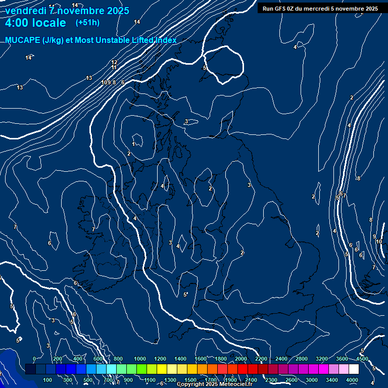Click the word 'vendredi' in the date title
[x=25, y=11]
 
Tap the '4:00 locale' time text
[x=35, y=23]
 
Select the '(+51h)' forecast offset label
[x=87, y=23]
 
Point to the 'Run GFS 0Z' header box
[x=320, y=8]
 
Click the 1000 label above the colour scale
[x=140, y=359]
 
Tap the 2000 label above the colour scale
[x=241, y=359]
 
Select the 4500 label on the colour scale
[x=362, y=359]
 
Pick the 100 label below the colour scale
[x=48, y=380]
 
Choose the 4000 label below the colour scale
[x=352, y=380]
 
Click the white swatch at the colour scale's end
[x=354, y=369]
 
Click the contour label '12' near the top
[x=114, y=63]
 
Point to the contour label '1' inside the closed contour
[x=133, y=144]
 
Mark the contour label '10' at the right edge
[x=379, y=241]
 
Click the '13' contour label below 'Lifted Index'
[x=89, y=78]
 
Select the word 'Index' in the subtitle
[x=165, y=40]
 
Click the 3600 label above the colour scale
[x=342, y=359]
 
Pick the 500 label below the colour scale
[x=88, y=380]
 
